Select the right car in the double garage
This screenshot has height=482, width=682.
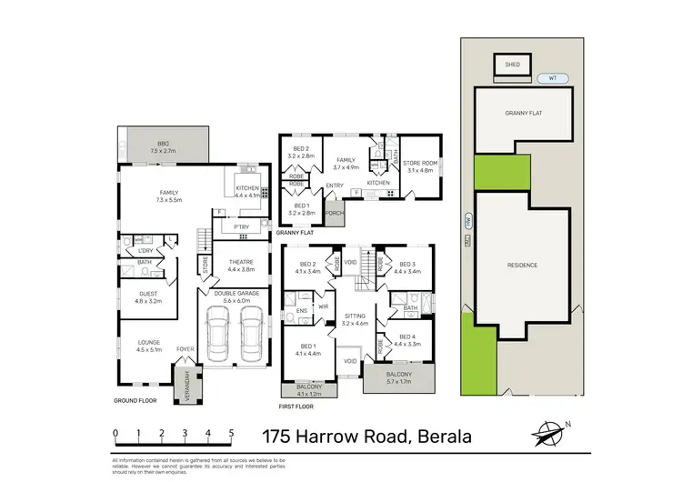(x=252, y=334)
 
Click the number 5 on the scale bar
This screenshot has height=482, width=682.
(x=232, y=434)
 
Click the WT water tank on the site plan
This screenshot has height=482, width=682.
(x=551, y=78)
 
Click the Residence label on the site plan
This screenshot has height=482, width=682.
(x=522, y=265)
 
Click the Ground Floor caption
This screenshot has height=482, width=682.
(x=135, y=400)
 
